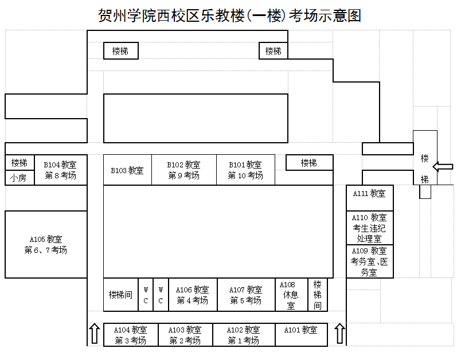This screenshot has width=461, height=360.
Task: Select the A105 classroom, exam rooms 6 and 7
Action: coord(46,245)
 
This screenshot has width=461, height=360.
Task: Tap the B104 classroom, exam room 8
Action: coord(60,170)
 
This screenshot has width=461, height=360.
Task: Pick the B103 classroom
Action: coord(127,170)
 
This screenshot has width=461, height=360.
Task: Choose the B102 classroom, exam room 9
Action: coord(184,170)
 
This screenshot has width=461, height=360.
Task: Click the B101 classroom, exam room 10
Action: coord(245,170)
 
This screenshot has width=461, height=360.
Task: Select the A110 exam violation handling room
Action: coord(370,228)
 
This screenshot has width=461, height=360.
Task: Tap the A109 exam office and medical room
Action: coord(370,261)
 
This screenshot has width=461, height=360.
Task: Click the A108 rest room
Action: coord(291,295)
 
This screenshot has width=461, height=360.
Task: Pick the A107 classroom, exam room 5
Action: coord(246,295)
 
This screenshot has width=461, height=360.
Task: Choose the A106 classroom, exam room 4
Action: coord(193,295)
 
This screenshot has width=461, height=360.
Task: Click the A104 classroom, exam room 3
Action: coord(131,335)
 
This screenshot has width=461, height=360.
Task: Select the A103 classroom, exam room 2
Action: coord(185,335)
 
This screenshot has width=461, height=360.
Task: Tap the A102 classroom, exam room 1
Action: coord(244,335)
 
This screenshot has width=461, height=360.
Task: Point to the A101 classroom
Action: coord(301,330)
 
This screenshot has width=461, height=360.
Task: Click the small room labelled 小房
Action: coord(18,178)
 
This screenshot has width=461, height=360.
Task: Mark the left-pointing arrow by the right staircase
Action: coord(443,167)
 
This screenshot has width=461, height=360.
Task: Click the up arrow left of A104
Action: coord(95,334)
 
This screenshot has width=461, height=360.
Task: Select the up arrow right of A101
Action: coord(339,334)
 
